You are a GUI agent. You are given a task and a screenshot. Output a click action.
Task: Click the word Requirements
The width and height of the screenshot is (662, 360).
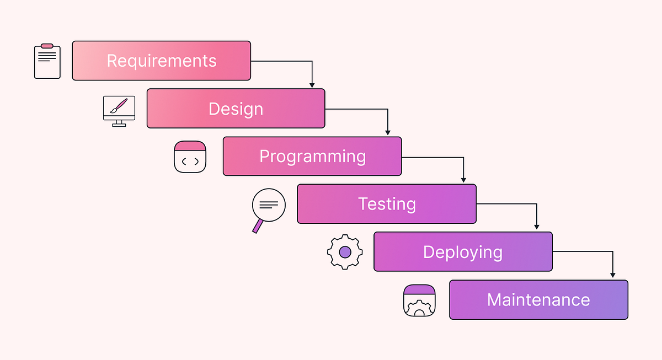161,61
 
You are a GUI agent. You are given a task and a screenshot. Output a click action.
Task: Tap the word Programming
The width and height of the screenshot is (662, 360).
312,157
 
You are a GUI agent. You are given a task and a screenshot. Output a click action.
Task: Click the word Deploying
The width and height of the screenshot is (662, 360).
462,252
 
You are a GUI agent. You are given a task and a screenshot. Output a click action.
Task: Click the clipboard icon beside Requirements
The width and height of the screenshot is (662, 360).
47,61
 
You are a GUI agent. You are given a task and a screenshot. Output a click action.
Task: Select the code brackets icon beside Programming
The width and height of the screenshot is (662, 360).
190,157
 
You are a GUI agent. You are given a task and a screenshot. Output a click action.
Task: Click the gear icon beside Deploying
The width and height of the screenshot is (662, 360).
345,252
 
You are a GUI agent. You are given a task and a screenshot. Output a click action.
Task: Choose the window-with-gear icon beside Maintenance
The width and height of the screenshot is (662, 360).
419,300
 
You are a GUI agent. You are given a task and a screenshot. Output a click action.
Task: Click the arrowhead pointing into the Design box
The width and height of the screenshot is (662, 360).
312,85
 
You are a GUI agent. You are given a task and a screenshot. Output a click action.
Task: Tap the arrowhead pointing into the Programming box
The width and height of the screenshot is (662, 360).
388,133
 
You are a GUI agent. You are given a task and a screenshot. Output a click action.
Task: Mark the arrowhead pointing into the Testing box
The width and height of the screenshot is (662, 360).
463,180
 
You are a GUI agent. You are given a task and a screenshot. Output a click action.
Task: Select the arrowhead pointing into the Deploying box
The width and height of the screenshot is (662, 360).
537,227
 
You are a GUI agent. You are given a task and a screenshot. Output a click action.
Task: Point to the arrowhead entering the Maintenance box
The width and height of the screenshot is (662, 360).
613,275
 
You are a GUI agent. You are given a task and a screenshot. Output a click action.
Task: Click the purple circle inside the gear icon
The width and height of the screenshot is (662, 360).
345,252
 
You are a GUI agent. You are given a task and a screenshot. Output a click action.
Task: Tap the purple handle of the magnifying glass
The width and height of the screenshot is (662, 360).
257,226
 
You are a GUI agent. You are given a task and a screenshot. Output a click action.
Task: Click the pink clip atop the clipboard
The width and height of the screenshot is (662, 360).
47,46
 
